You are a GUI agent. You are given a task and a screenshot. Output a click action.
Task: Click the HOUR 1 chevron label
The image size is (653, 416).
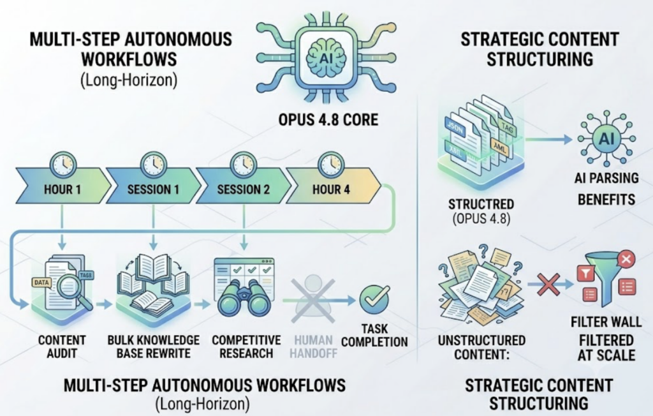62,189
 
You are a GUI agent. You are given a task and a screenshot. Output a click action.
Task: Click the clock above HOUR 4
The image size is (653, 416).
331,164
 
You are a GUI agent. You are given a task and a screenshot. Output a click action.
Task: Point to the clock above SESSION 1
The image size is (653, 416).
153,164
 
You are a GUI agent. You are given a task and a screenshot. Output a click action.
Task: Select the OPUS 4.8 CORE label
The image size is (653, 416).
328,119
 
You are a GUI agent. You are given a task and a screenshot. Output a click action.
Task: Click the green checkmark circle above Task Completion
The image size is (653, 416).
374,299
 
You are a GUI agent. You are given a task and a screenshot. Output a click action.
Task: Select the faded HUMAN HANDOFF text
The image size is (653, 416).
313,347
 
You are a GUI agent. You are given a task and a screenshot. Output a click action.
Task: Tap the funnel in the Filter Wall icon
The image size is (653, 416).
606,279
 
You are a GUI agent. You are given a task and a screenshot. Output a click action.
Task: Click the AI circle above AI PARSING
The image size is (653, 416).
606,138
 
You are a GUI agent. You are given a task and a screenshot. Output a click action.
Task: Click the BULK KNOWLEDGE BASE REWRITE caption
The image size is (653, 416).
153,347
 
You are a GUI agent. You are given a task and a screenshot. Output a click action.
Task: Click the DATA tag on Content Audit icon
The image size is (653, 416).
41,283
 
